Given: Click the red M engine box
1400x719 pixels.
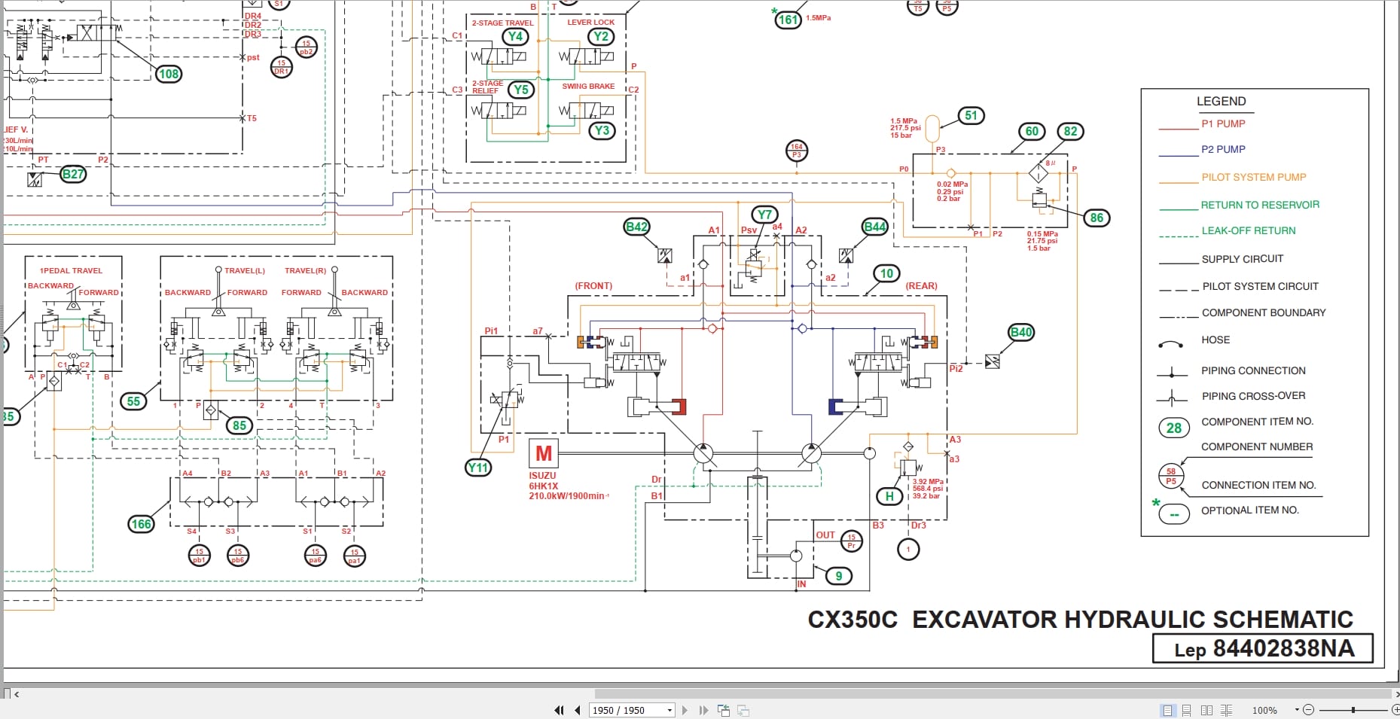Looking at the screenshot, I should coord(543,453).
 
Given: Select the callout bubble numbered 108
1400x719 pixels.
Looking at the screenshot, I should coord(169,74).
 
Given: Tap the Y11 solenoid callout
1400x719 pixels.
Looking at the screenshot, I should coord(478,468).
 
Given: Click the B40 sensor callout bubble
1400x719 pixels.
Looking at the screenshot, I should coord(1020,332).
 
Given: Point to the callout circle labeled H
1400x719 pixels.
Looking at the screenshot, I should coord(889,496).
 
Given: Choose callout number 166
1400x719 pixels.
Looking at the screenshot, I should coord(142,524).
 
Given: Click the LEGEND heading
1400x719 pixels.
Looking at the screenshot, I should coord(1221,101).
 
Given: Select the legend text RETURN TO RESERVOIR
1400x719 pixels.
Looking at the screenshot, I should coord(1259,205).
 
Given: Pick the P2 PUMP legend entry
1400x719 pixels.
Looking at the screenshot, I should coord(1223,150).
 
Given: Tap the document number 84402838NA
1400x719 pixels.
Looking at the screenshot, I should coord(1283,648).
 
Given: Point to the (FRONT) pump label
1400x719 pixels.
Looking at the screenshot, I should coord(593,286).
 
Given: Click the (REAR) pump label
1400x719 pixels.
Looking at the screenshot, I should coord(921,286).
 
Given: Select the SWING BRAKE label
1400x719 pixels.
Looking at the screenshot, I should coord(588,87).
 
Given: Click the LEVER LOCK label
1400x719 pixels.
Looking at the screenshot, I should coord(590,23).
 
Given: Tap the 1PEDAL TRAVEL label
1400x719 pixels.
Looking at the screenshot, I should coord(71,270).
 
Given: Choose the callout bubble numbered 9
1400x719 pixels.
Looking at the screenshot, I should coord(838,576).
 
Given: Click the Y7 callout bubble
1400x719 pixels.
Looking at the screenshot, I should coord(765,215).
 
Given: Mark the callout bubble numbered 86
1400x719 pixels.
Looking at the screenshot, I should coord(1097,218).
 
